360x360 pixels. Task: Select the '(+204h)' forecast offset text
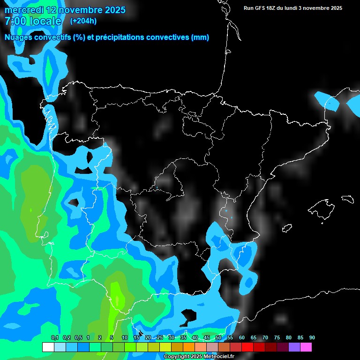83,21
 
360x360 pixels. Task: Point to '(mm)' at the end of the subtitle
200,37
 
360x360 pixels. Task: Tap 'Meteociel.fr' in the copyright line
219,357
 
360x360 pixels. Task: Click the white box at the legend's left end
48,347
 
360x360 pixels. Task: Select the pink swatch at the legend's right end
306,347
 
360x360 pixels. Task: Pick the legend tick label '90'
312,338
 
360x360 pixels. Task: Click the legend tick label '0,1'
55,338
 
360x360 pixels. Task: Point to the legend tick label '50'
218,338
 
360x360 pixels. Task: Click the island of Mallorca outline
322,209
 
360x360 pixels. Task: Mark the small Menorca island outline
347,199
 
